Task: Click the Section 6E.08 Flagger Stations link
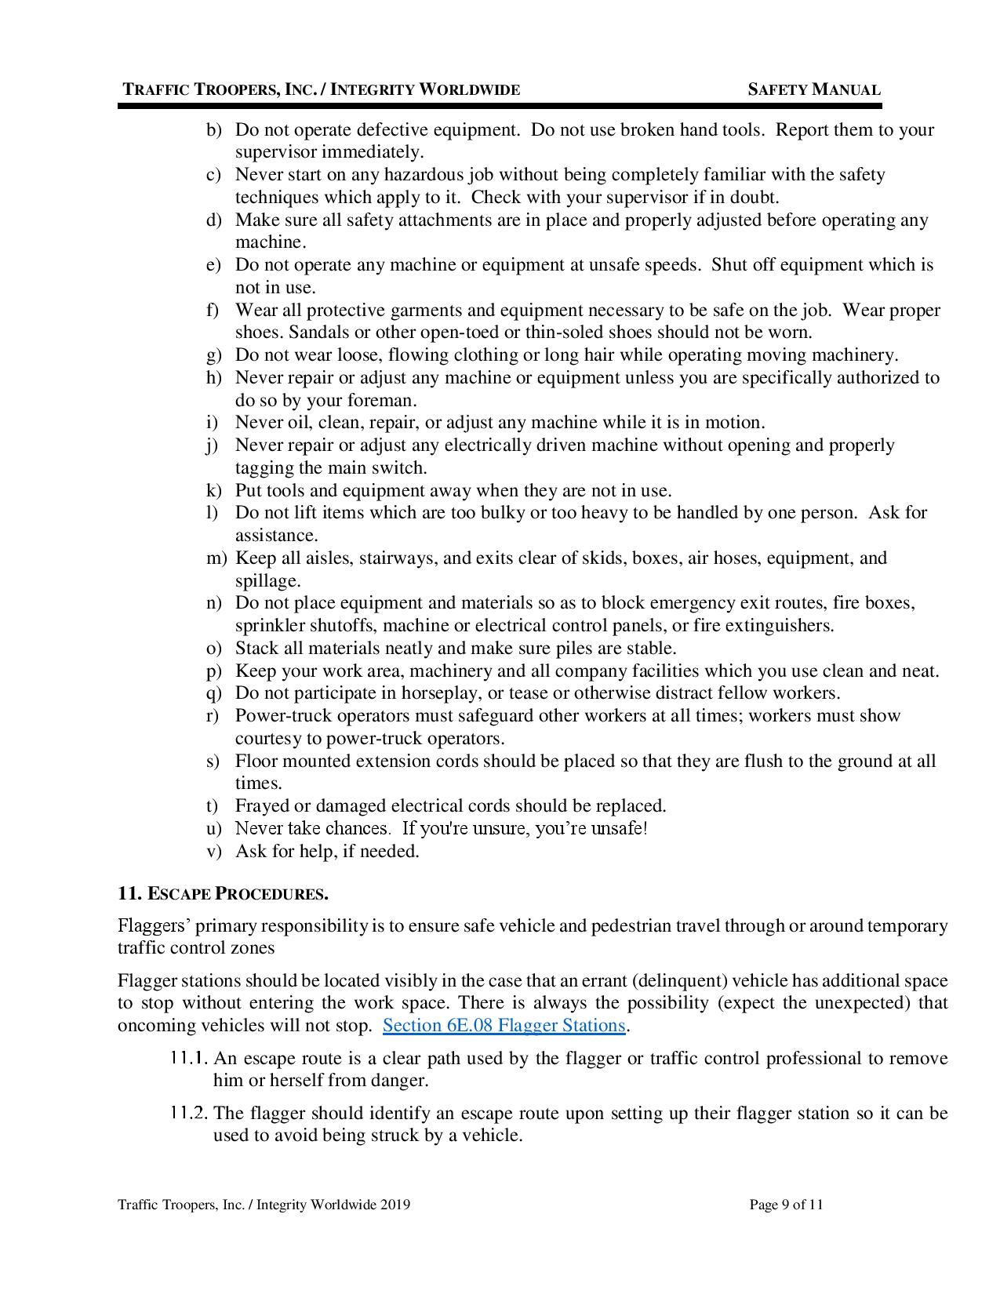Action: (504, 1025)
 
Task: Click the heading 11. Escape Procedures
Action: (223, 893)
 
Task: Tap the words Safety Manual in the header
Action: (813, 89)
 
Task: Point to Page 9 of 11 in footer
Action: (786, 1205)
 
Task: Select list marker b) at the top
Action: (214, 130)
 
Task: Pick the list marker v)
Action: (213, 852)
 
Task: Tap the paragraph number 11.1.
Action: (188, 1059)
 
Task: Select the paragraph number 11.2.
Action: (188, 1114)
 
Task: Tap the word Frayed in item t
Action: (262, 806)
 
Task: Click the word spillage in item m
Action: (267, 581)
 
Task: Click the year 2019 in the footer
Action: (395, 1205)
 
